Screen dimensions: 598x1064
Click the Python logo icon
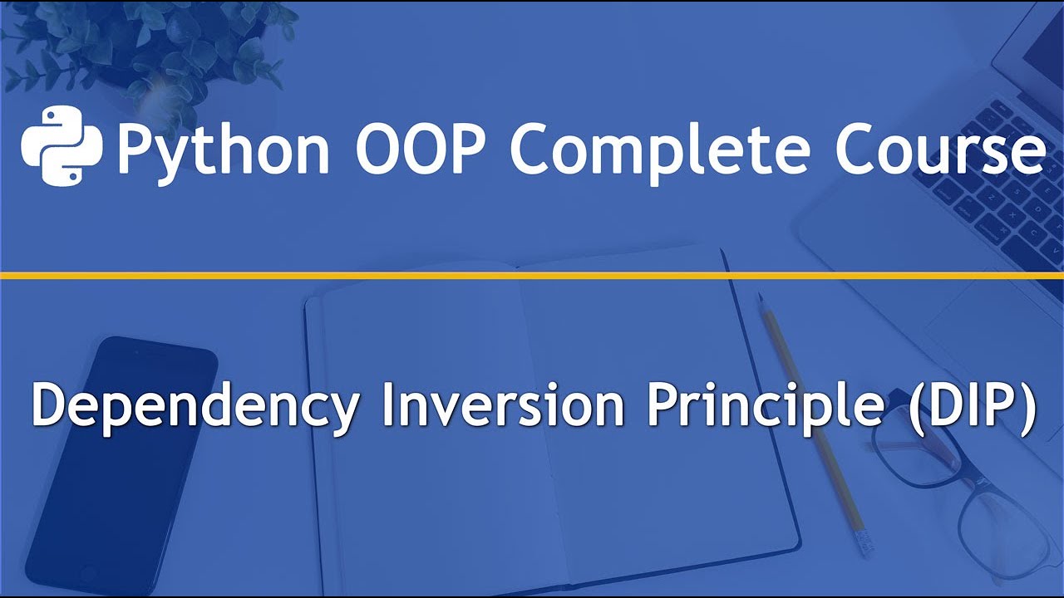pyautogui.click(x=62, y=146)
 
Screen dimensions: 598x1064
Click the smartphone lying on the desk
pyautogui.click(x=116, y=465)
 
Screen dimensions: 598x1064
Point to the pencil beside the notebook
pyautogui.click(x=810, y=415)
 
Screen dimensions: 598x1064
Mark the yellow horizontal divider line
pyautogui.click(x=532, y=275)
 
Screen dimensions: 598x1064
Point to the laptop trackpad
pyautogui.click(x=989, y=324)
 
